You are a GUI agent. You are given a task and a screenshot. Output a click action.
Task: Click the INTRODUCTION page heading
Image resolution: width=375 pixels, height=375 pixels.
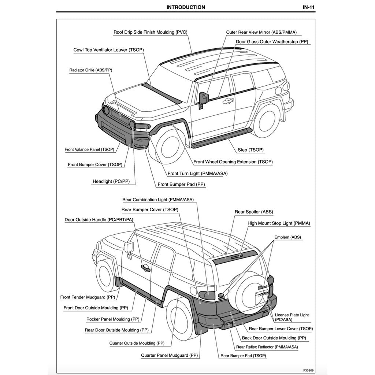pos(186,7)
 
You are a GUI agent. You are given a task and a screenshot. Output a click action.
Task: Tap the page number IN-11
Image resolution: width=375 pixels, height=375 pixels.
pos(309,7)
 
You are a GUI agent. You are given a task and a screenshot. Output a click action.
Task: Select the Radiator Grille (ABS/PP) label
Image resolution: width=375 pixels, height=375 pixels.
pos(90,70)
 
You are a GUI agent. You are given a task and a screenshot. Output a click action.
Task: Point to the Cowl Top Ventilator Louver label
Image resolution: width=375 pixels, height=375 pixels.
pos(109,50)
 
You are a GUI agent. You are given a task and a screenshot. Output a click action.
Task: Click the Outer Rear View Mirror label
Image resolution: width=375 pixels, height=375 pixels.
pos(261,32)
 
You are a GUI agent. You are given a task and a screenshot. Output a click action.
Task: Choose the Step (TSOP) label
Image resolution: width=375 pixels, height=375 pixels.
pos(250,150)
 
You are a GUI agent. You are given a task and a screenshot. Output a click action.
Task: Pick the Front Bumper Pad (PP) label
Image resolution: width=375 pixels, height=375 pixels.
pos(181,185)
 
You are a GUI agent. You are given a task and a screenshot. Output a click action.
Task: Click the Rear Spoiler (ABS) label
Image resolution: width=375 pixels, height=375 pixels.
pos(254,212)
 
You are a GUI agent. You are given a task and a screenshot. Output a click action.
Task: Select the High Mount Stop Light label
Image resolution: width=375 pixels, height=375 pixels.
pos(279,223)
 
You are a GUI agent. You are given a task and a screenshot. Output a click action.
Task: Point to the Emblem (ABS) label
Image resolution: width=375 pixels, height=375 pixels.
pos(287,237)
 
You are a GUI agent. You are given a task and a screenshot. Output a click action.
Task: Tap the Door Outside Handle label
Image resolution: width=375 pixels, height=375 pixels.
pos(99,220)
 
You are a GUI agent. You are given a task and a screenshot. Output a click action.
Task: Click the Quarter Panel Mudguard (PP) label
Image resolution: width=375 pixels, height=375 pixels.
pos(170,355)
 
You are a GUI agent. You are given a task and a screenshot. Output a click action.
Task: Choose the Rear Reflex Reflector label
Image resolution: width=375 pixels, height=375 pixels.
pos(267,347)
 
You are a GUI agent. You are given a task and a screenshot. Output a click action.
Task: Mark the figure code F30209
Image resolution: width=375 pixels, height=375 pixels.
pos(308,370)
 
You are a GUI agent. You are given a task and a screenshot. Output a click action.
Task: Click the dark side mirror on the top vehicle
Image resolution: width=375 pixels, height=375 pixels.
pos(203,98)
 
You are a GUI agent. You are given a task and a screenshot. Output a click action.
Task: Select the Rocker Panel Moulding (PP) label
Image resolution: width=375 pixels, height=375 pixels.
pos(113,319)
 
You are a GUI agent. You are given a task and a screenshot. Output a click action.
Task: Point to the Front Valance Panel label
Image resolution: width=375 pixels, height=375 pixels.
pos(89,149)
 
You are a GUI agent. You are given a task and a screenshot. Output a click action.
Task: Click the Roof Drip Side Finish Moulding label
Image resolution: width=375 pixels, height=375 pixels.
pos(150,32)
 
